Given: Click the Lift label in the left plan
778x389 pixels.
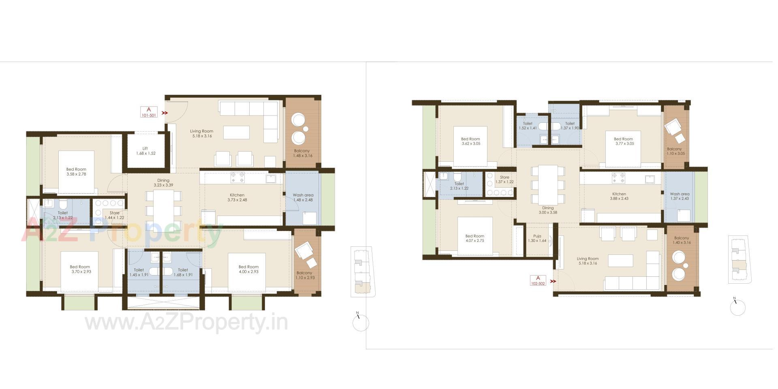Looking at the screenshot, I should pyautogui.click(x=145, y=151).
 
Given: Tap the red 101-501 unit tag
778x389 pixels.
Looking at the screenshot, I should pyautogui.click(x=149, y=112).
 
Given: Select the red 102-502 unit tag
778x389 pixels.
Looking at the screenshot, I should pyautogui.click(x=538, y=280).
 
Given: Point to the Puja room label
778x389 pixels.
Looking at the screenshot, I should pyautogui.click(x=537, y=238).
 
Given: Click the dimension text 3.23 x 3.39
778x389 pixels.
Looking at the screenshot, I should pyautogui.click(x=163, y=185).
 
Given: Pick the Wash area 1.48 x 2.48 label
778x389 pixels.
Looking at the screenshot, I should pyautogui.click(x=303, y=197).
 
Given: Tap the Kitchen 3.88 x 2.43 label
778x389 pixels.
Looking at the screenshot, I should pyautogui.click(x=619, y=196).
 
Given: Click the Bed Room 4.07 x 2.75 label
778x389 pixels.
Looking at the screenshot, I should pyautogui.click(x=474, y=238).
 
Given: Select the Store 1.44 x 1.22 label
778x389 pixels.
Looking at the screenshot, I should pyautogui.click(x=115, y=215).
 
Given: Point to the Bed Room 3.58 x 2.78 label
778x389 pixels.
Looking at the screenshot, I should pyautogui.click(x=76, y=172).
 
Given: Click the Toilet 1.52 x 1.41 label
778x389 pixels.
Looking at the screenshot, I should pyautogui.click(x=528, y=126).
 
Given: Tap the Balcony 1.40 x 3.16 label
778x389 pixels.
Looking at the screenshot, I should pyautogui.click(x=682, y=240).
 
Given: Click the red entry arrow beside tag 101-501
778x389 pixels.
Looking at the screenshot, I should pyautogui.click(x=165, y=113).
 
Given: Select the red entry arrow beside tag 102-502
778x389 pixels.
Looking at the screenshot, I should pyautogui.click(x=553, y=281).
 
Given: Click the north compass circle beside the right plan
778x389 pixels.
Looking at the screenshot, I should pyautogui.click(x=737, y=308).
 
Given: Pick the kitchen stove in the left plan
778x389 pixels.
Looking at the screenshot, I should pyautogui.click(x=238, y=177).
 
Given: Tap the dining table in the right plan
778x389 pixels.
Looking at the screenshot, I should pyautogui.click(x=547, y=184).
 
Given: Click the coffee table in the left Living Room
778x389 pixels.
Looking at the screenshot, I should pyautogui.click(x=236, y=133).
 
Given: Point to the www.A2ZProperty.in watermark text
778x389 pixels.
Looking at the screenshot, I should pyautogui.click(x=186, y=323).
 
